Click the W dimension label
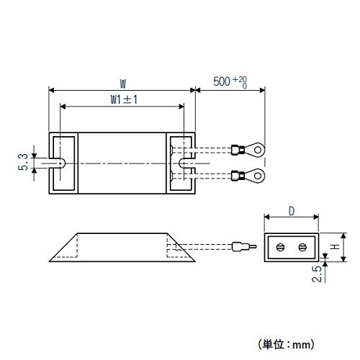tap(123, 84)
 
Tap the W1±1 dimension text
tap(124, 99)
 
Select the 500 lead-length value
tap(222, 81)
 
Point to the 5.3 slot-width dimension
tap(23, 162)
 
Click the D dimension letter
tap(292, 212)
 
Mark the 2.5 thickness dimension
tap(317, 274)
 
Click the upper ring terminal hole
tap(258, 150)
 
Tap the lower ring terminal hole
tap(258, 176)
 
